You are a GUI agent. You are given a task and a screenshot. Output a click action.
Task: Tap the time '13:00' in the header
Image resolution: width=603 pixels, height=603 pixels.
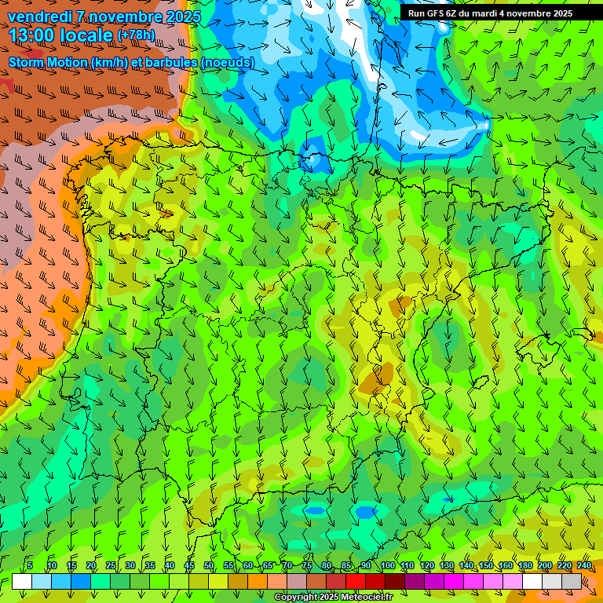click(x=33, y=35)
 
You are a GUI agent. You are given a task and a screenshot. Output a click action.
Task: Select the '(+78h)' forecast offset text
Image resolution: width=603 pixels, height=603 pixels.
click(x=136, y=35)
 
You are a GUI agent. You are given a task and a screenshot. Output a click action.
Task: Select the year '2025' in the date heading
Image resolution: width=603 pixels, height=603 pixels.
click(x=182, y=16)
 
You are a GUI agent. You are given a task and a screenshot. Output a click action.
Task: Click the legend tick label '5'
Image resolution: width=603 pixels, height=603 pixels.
click(x=30, y=565)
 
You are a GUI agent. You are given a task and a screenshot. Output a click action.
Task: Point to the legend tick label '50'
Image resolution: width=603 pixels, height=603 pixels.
click(x=208, y=565)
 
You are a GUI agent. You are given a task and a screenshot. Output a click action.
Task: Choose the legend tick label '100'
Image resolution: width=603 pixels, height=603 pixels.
click(x=387, y=565)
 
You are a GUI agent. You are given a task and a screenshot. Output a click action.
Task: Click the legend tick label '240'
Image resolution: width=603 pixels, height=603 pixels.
click(x=584, y=565)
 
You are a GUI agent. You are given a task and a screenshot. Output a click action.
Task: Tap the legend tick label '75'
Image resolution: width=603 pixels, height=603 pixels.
click(x=306, y=565)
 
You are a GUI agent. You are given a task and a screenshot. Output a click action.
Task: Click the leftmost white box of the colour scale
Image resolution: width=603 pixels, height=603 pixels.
click(x=22, y=581)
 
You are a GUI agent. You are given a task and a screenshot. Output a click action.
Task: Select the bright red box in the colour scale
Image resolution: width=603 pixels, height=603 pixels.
click(x=356, y=581)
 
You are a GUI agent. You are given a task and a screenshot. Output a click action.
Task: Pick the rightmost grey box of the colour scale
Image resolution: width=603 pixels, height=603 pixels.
click(x=572, y=581)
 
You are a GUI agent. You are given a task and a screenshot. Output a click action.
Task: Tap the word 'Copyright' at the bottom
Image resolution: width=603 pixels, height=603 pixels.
click(x=296, y=598)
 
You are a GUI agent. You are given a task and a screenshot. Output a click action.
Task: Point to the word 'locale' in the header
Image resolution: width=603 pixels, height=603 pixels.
click(x=90, y=35)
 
